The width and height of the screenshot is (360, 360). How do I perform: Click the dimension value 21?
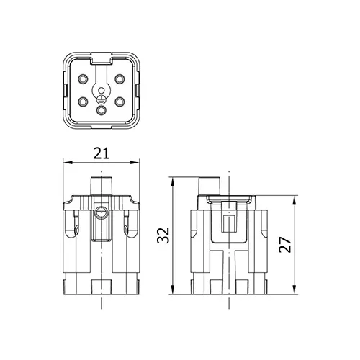102,153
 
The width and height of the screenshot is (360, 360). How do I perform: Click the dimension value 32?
163,235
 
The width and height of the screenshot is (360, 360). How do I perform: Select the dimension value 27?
285,245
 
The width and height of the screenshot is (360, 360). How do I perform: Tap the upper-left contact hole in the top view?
83,79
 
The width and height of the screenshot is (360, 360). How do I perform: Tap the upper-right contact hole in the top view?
120,79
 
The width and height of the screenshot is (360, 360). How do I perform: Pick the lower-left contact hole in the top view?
83,102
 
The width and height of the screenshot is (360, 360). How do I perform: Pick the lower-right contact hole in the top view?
120,102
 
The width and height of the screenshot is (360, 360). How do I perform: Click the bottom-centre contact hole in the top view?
102,110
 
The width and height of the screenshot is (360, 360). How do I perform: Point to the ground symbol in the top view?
102,99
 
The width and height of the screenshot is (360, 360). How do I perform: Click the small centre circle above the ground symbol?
102,91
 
